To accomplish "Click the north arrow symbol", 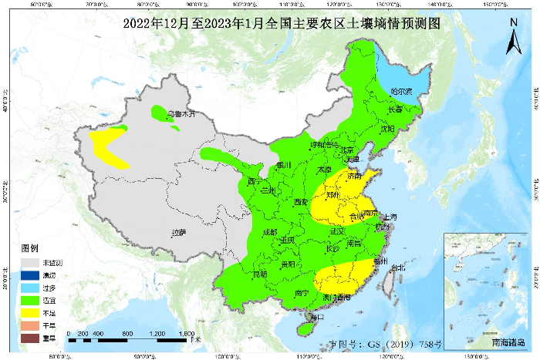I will click(512, 36).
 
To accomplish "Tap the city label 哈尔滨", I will click(402, 92).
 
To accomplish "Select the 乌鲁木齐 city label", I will click(181, 114).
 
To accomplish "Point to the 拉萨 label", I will click(179, 232).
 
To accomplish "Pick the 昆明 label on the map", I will click(258, 274).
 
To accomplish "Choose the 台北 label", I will click(397, 268).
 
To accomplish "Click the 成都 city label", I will click(269, 232).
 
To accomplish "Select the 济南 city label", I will click(354, 177).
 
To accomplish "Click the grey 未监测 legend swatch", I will click(29, 264).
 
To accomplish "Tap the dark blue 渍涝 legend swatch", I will click(29, 276).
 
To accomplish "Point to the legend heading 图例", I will click(29, 249).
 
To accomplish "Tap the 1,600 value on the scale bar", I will click(187, 333).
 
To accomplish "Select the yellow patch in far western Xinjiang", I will click(110, 148).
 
